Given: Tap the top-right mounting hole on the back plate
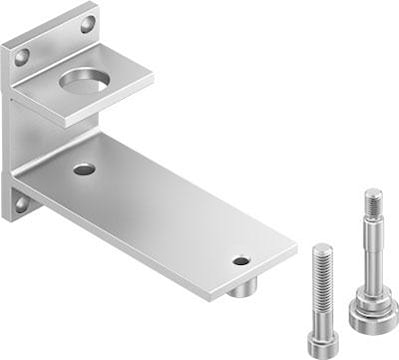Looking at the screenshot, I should [x=87, y=23].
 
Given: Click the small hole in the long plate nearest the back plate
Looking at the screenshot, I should [x=84, y=169].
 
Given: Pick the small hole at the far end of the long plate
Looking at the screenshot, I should [x=241, y=261].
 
